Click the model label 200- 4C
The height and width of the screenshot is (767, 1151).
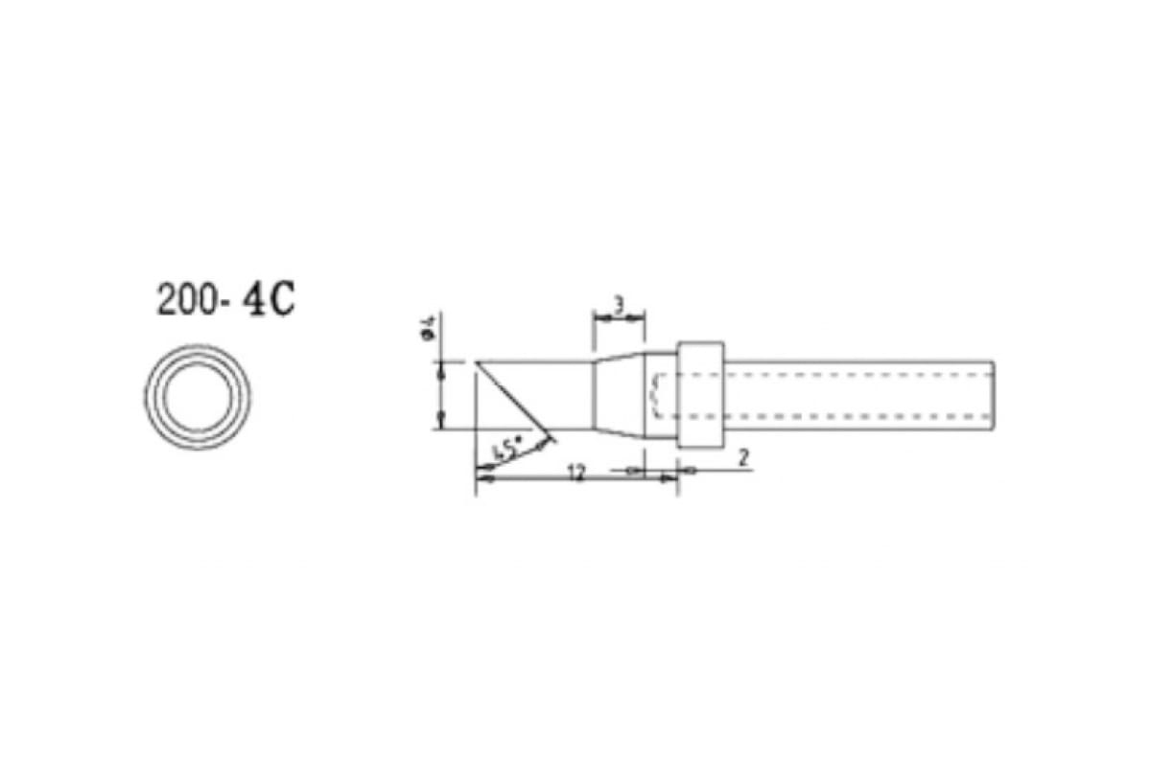pyautogui.click(x=226, y=300)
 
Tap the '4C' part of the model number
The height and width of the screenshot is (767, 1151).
pyautogui.click(x=269, y=300)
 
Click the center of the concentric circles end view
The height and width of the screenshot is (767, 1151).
pyautogui.click(x=198, y=397)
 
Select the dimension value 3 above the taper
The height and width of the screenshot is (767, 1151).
pyautogui.click(x=620, y=306)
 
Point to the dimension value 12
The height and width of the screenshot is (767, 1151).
pyautogui.click(x=578, y=474)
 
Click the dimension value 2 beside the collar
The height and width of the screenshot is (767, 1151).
pyautogui.click(x=743, y=457)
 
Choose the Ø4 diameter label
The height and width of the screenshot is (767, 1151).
pyautogui.click(x=430, y=328)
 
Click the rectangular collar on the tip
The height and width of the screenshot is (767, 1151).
pyautogui.click(x=701, y=395)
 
